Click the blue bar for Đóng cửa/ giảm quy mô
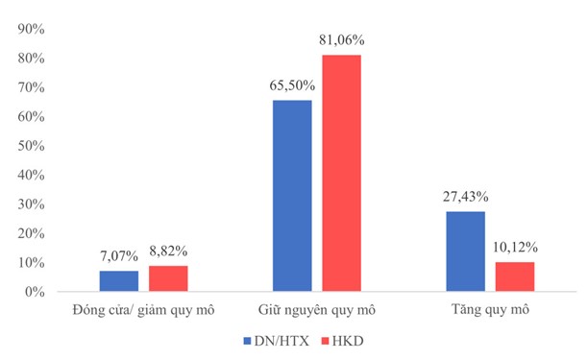pyautogui.click(x=119, y=281)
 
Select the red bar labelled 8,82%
pyautogui.click(x=168, y=278)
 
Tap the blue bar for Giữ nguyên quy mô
pyautogui.click(x=292, y=196)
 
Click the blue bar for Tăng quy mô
pyautogui.click(x=465, y=252)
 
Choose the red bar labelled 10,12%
pyautogui.click(x=515, y=276)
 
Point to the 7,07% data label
pyautogui.click(x=119, y=256)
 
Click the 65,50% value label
pyautogui.click(x=292, y=85)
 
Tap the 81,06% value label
pyautogui.click(x=342, y=40)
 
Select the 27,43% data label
pyautogui.click(x=465, y=197)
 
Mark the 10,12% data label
pyautogui.click(x=515, y=248)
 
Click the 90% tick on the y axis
pyautogui.click(x=31, y=29)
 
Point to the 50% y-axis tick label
pyautogui.click(x=31, y=146)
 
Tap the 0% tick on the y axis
pyautogui.click(x=35, y=292)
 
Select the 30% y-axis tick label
pyautogui.click(x=31, y=204)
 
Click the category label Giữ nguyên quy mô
pyautogui.click(x=317, y=310)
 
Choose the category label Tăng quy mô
pyautogui.click(x=490, y=310)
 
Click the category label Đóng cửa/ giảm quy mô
pyautogui.click(x=144, y=310)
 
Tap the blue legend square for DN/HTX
pyautogui.click(x=247, y=341)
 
